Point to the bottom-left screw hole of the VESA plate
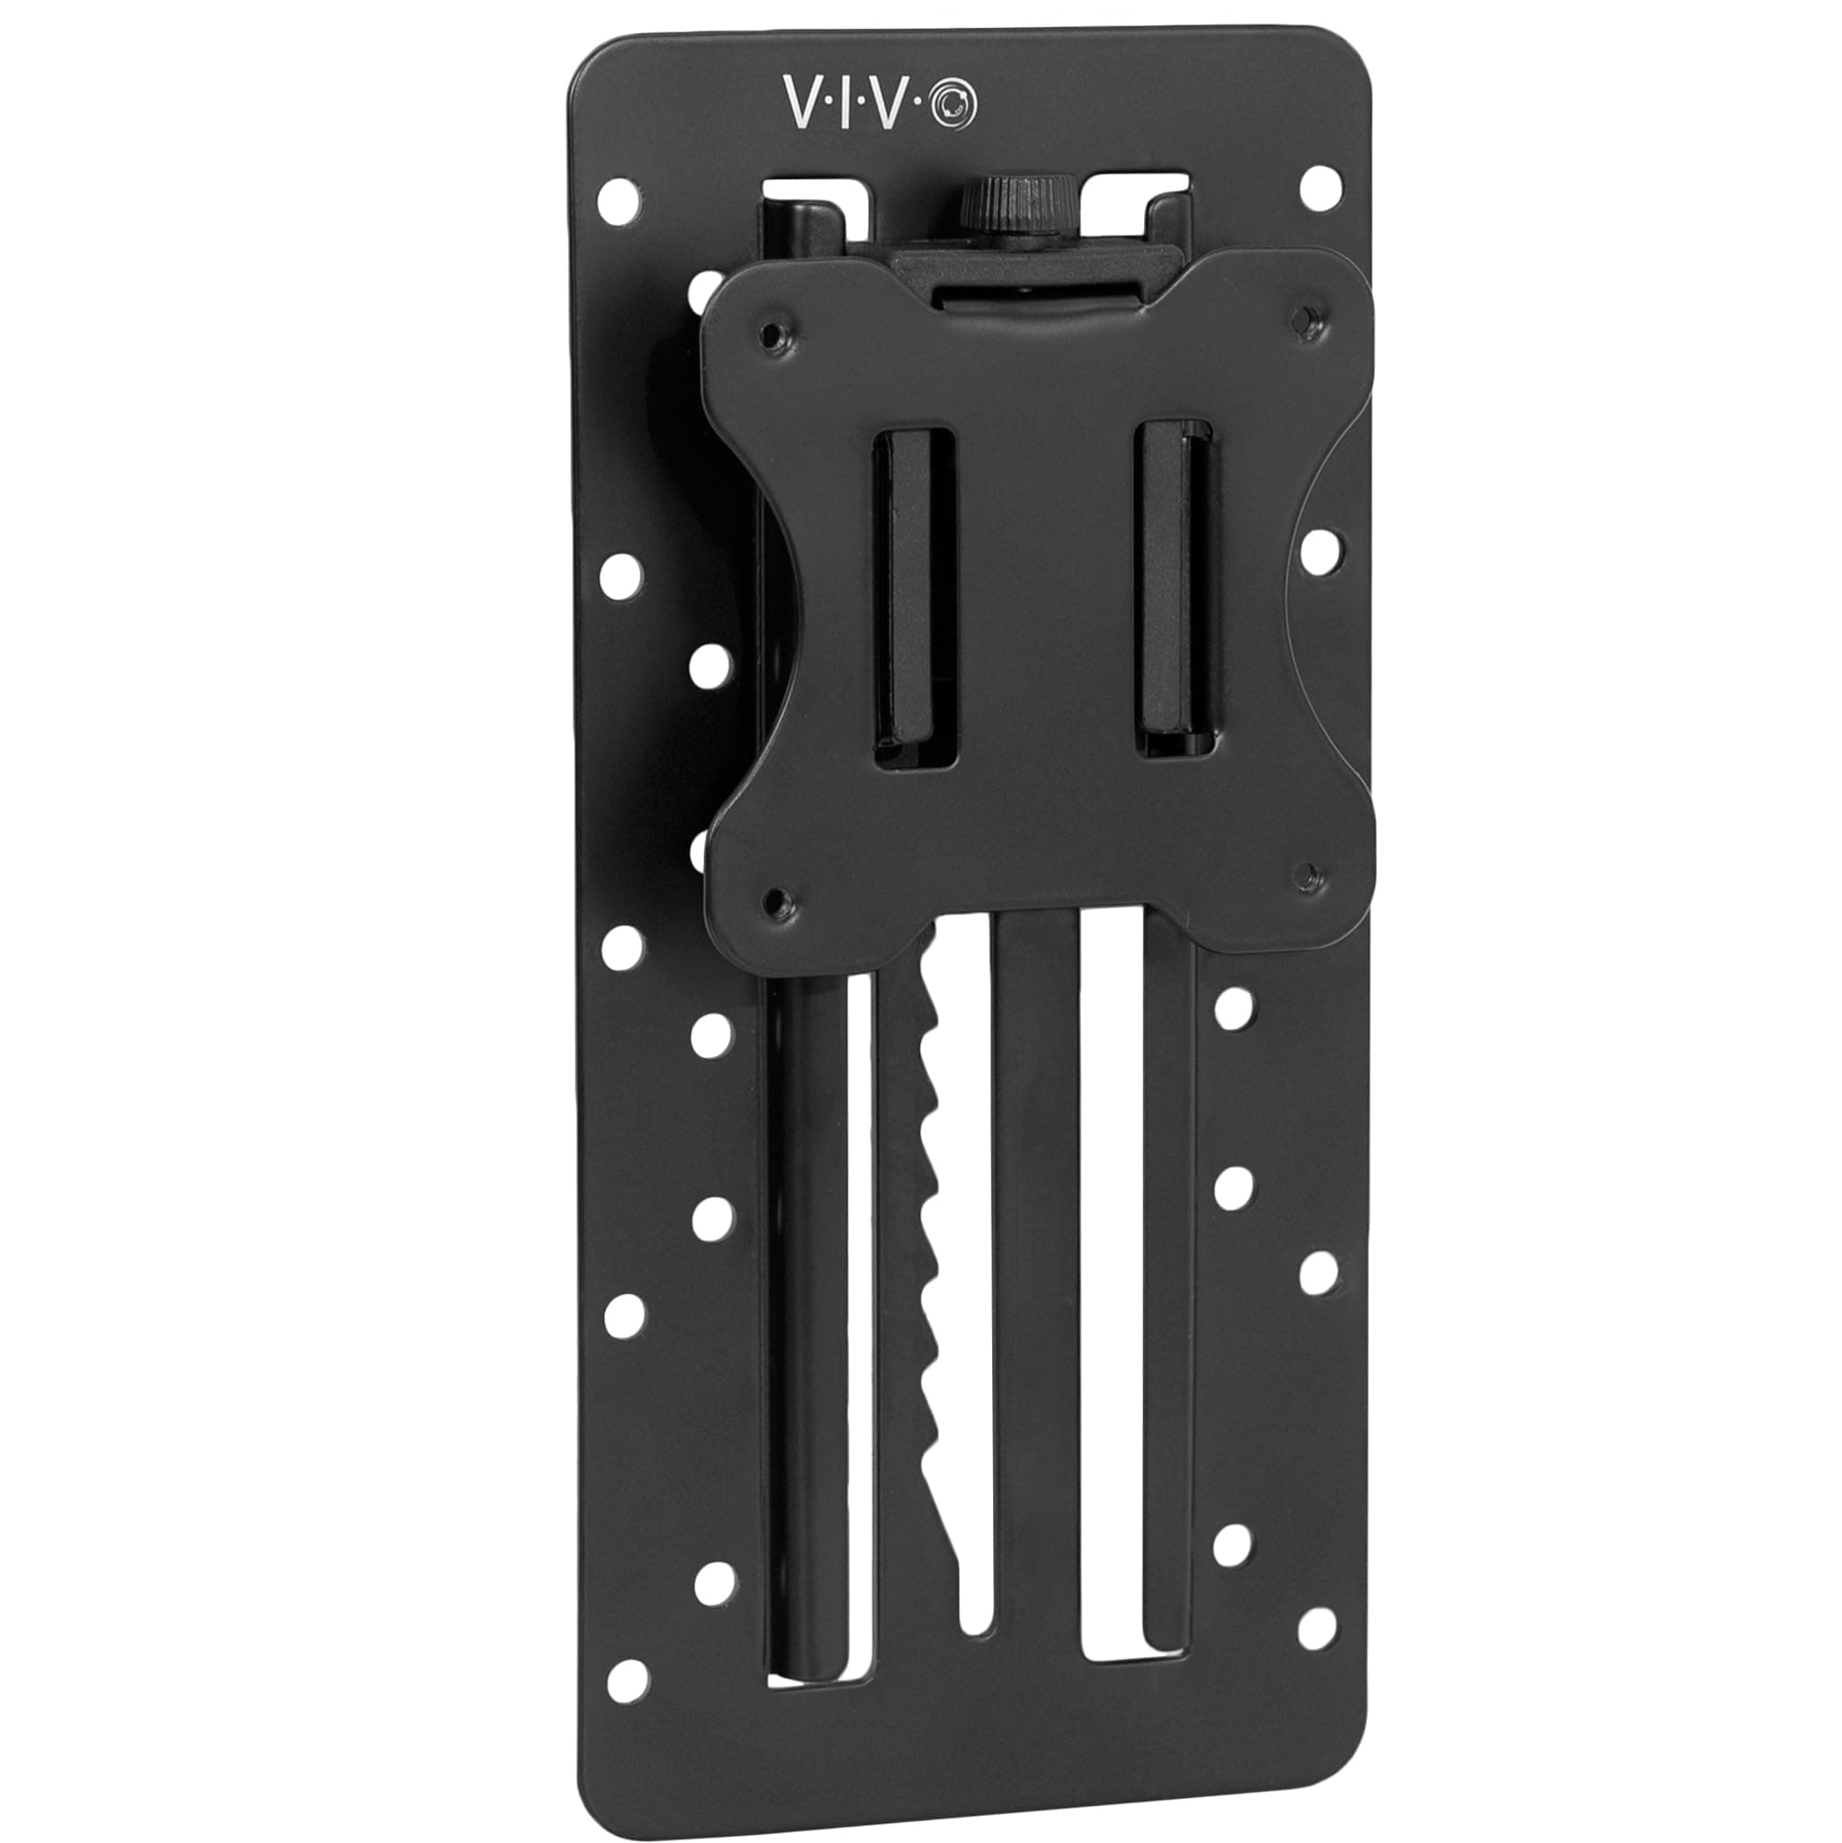(x=778, y=899)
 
